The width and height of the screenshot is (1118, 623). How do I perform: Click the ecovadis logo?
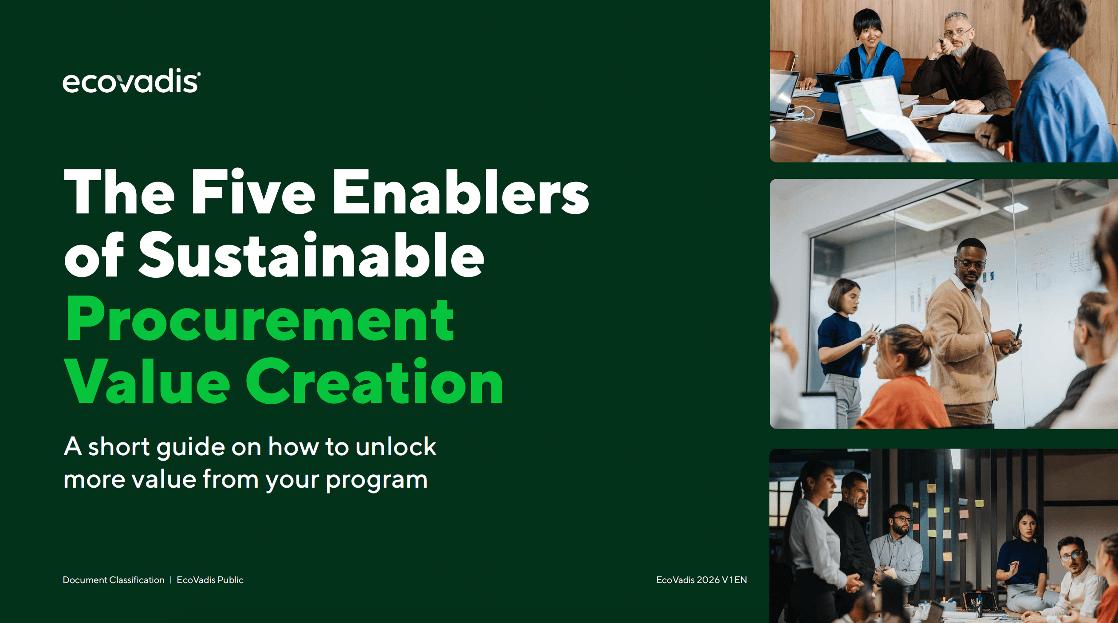click(131, 81)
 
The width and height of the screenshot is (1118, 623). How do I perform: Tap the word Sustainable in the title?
click(311, 256)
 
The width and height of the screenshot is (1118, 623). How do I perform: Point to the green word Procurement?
click(260, 319)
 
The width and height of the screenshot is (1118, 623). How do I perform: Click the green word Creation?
click(374, 382)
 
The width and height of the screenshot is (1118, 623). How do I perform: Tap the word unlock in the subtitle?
click(396, 447)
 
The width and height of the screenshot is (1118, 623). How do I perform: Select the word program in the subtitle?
click(377, 480)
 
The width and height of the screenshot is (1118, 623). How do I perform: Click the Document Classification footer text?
click(114, 580)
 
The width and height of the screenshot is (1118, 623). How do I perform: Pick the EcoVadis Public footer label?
click(210, 580)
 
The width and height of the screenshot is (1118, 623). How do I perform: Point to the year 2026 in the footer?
click(708, 580)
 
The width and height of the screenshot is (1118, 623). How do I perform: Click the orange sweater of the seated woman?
click(901, 404)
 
